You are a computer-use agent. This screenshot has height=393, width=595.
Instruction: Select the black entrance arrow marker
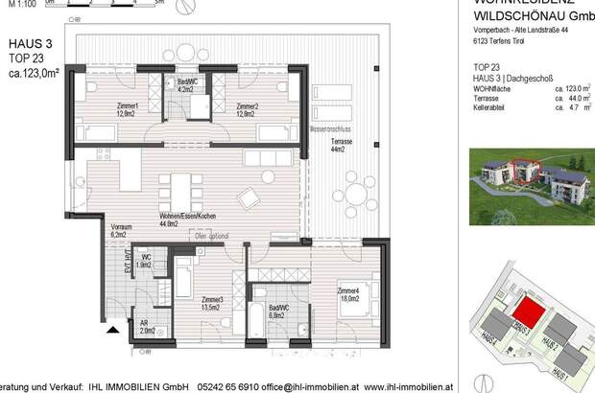tap(113, 332)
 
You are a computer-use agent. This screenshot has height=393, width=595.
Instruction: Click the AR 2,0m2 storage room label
tap(144, 327)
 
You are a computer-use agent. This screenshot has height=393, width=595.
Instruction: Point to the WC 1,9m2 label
tap(144, 261)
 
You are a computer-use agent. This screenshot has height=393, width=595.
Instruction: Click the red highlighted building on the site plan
tap(522, 311)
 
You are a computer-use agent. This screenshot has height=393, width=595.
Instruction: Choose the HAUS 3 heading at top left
tap(30, 43)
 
